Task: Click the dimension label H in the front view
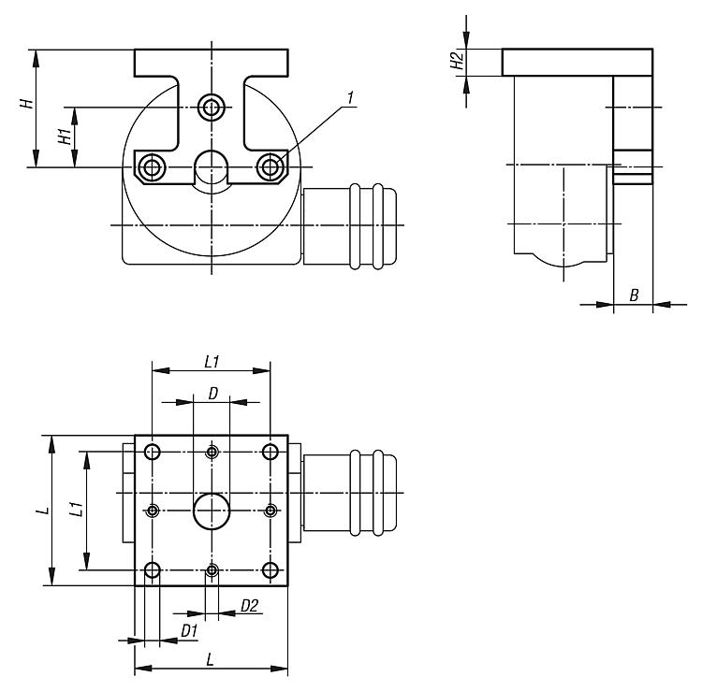[27, 103]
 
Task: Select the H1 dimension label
[66, 136]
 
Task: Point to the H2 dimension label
[457, 61]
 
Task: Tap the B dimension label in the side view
[634, 295]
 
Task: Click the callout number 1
[351, 98]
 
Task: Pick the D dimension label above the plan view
[213, 394]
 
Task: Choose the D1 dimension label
[189, 631]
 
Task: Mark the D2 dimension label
[249, 606]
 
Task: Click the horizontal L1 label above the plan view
[212, 362]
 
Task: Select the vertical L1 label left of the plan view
[77, 509]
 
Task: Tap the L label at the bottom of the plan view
[210, 659]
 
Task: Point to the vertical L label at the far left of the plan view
[43, 510]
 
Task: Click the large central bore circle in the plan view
[212, 511]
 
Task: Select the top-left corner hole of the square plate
[153, 452]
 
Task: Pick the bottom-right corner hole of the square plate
[270, 570]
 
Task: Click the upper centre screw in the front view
[212, 108]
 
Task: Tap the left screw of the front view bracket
[152, 167]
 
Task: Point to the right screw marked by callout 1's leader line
[270, 167]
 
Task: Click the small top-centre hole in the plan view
[212, 452]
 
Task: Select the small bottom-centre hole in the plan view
[212, 570]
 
